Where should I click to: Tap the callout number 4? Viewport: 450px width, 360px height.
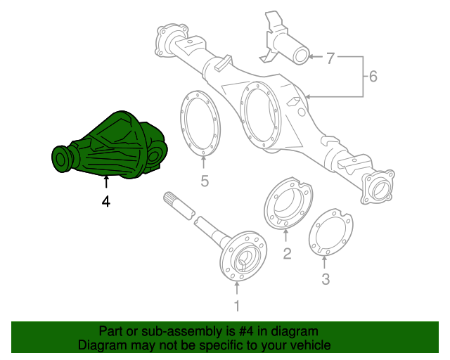pos(105,201)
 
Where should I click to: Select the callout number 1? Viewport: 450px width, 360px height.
pos(237,306)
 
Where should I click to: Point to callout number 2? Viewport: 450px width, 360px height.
pos(287,254)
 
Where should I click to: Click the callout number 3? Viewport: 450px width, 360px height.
pos(325,281)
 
